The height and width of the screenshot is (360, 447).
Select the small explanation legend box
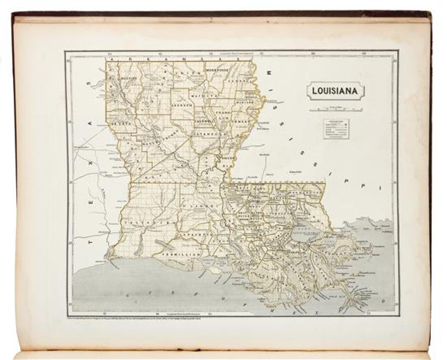tap(336, 129)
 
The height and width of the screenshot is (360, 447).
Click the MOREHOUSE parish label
tap(217, 70)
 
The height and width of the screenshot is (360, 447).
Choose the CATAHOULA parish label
tap(207, 133)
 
